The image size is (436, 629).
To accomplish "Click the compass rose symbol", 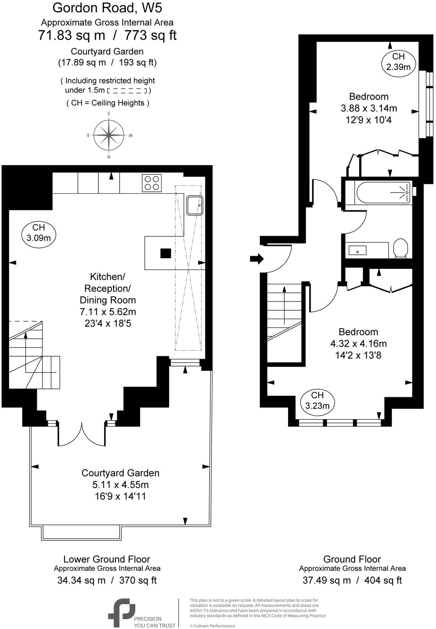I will [109, 135].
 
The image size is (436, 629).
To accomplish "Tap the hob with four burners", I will [151, 183].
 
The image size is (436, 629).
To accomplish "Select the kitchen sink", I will [195, 205].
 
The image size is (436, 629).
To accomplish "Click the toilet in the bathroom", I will [401, 248].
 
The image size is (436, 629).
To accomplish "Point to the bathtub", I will [383, 193].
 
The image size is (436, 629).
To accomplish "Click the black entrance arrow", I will [257, 259].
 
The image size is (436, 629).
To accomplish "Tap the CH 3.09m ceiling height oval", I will [39, 233].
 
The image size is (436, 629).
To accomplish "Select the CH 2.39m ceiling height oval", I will [398, 61].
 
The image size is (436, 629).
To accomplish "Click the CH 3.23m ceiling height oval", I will [317, 401].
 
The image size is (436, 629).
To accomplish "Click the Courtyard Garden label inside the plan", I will [120, 473].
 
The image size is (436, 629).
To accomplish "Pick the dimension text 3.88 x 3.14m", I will [369, 108].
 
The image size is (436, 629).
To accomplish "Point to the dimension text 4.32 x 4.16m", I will [358, 343].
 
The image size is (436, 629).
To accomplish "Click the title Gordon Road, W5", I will [107, 7].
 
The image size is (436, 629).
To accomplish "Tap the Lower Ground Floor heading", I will [107, 559].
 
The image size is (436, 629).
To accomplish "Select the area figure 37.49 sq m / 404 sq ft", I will [352, 580].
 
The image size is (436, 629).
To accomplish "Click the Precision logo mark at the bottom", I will [121, 612].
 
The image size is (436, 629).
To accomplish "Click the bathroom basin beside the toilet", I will [357, 251].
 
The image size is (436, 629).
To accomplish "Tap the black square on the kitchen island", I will [166, 253].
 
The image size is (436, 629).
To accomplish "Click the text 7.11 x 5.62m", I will [108, 312].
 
